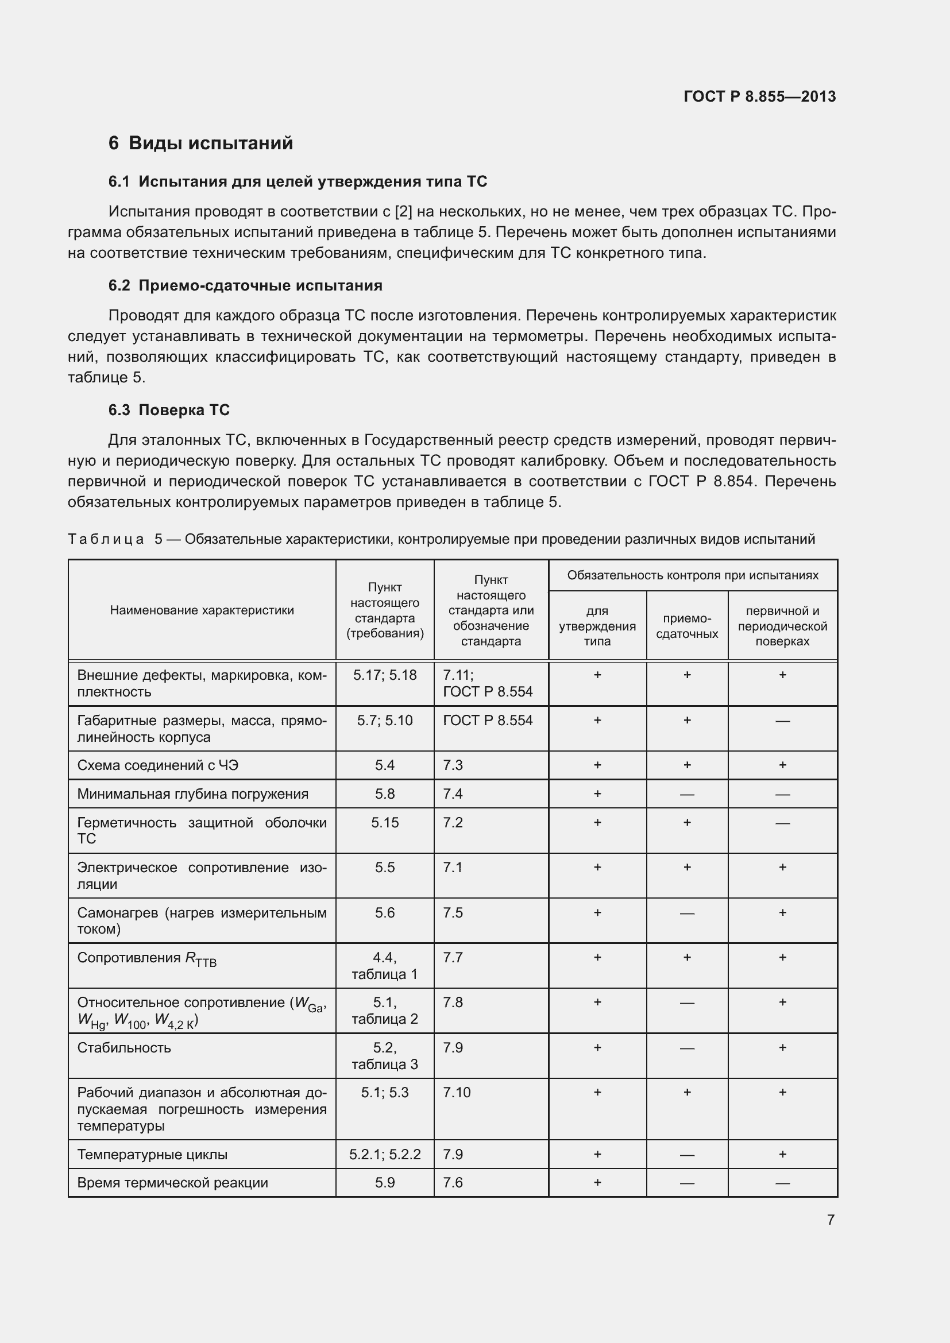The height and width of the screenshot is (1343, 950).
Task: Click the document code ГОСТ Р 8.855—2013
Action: (x=759, y=96)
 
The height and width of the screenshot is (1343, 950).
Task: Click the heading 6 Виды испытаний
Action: (x=200, y=144)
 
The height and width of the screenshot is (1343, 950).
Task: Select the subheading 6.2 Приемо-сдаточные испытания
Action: (x=245, y=285)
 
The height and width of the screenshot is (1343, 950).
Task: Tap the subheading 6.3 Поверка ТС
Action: (x=169, y=410)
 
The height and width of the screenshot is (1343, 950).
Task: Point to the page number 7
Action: (x=831, y=1220)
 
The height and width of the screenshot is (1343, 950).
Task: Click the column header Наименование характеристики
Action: (x=202, y=610)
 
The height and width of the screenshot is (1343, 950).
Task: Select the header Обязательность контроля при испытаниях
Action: (x=693, y=575)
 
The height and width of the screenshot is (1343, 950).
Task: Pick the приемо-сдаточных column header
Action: (x=687, y=626)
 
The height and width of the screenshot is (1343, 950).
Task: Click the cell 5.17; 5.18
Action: (x=385, y=675)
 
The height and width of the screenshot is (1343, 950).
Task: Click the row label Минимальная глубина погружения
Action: (x=192, y=794)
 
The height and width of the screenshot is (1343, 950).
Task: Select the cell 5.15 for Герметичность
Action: (x=385, y=822)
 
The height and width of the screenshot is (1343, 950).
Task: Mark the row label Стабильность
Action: (x=124, y=1048)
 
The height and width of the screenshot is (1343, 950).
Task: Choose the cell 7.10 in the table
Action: (x=456, y=1093)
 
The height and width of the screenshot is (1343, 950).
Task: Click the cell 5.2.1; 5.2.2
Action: (x=385, y=1155)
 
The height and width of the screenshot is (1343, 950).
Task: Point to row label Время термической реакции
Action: (x=172, y=1183)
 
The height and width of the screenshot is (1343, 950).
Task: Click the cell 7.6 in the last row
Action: (x=453, y=1183)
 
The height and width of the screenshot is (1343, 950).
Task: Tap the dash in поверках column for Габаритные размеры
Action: (x=782, y=721)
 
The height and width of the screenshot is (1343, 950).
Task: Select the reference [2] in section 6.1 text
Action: (x=404, y=212)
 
